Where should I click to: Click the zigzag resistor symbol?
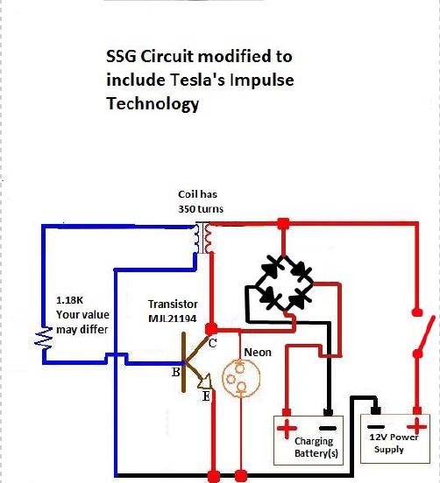(x=43, y=339)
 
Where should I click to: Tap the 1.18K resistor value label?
(x=69, y=300)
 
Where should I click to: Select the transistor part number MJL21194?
(x=172, y=318)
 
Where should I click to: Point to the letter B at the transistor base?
(x=175, y=372)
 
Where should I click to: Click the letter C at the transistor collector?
(x=212, y=343)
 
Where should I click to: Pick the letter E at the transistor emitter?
(x=206, y=395)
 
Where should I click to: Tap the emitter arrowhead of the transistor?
(x=205, y=381)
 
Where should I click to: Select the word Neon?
(x=258, y=353)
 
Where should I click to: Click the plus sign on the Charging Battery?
(x=287, y=428)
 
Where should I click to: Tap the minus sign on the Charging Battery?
(x=328, y=428)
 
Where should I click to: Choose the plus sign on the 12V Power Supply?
(x=417, y=427)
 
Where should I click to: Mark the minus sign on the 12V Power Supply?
(x=376, y=427)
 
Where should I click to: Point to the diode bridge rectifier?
(x=284, y=283)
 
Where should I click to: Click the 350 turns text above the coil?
(x=201, y=209)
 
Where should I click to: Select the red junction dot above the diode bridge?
(x=284, y=224)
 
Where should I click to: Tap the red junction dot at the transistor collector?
(x=211, y=329)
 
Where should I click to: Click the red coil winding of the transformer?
(x=209, y=238)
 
